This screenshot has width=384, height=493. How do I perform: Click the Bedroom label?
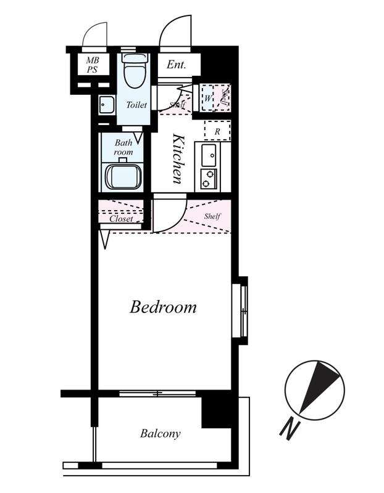tap(163, 307)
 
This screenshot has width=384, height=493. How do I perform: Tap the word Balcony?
tap(161, 434)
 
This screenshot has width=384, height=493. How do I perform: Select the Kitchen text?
tap(178, 159)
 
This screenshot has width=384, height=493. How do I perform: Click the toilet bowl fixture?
tap(135, 70)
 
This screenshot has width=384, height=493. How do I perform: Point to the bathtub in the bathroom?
tap(122, 177)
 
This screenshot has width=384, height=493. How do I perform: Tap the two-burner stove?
tap(209, 179)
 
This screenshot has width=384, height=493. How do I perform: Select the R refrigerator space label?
tap(217, 132)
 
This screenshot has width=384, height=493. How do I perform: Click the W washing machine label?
tap(207, 99)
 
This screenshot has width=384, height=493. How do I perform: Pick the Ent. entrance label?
tap(177, 65)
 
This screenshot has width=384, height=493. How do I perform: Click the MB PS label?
tap(93, 65)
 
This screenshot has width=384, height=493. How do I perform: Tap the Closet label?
tap(121, 219)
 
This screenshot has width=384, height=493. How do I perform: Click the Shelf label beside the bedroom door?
tap(212, 216)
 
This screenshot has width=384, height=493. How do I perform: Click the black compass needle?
tap(318, 386)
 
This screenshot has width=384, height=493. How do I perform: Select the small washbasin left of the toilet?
tap(106, 105)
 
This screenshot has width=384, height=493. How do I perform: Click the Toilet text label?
tap(136, 105)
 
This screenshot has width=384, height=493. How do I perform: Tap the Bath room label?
tap(123, 147)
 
